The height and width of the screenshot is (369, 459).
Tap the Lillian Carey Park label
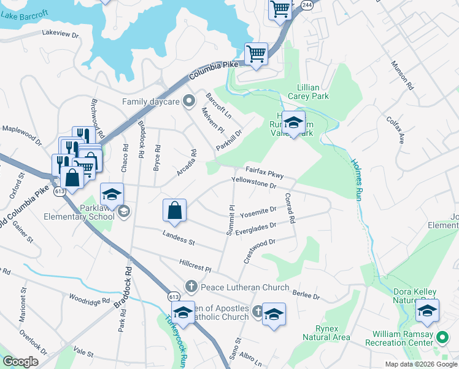(313, 92)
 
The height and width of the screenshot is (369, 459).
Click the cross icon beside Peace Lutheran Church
(191, 287)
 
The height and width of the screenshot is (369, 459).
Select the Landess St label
(179, 237)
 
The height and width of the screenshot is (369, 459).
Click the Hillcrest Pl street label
(195, 266)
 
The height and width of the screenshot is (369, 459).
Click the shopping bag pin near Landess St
(175, 210)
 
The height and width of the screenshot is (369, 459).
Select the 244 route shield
(307, 4)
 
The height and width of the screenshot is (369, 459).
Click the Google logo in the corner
(20, 362)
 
